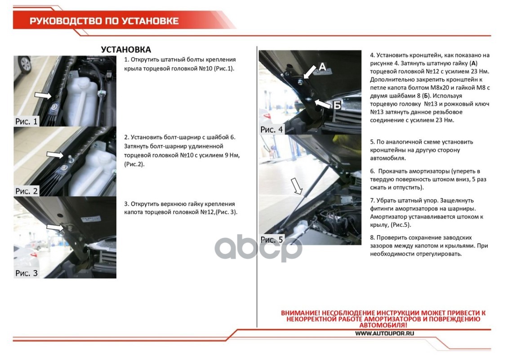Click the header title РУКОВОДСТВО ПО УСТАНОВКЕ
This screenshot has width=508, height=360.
[104, 21]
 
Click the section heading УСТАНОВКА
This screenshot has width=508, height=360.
[126, 49]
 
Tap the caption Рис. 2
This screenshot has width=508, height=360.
[27, 191]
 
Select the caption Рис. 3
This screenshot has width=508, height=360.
[27, 273]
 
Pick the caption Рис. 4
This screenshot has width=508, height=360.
[272, 130]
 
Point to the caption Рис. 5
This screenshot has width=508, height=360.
[272, 239]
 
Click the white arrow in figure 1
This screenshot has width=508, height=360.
[43, 95]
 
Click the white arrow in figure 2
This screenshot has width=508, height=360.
[55, 154]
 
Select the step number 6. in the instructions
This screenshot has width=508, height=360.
[373, 171]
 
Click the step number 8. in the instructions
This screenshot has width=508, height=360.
[373, 237]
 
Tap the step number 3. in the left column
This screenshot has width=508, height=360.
[126, 204]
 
